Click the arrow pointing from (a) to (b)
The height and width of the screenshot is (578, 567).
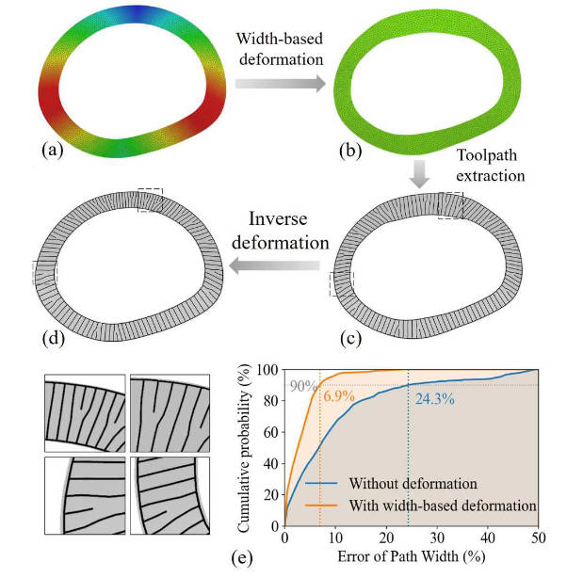pos(279,84)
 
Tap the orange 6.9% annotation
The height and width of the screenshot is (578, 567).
pos(340,397)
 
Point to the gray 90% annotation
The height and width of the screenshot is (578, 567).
pos(302,386)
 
